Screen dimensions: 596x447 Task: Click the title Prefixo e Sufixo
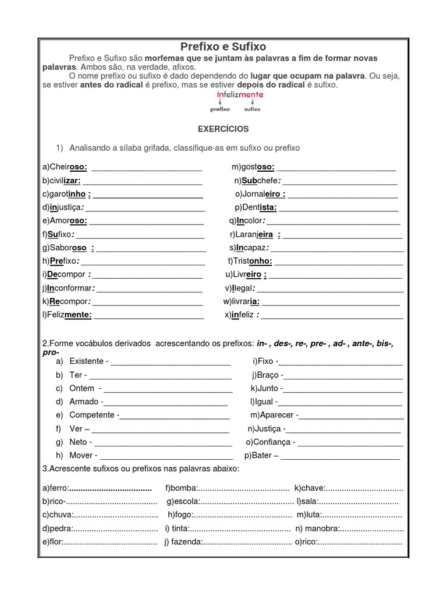coord(223,47)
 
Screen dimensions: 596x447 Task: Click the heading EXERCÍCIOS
coord(223,128)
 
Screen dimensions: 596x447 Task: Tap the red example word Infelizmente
coord(240,94)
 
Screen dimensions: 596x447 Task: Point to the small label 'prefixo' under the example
coord(220,109)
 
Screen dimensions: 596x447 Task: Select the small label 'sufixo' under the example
coord(252,109)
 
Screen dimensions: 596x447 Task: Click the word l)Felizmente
coord(66,315)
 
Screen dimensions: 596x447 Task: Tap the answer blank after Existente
coord(170,361)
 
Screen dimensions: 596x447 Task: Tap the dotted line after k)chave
coord(364,487)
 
